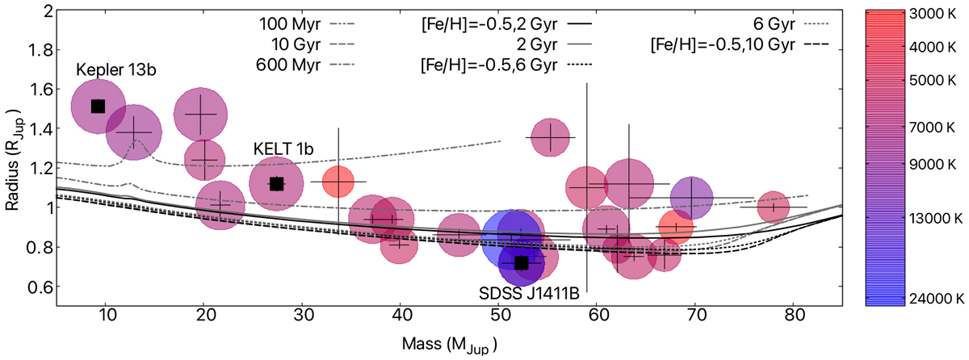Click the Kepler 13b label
[x=116, y=69]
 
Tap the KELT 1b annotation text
[x=282, y=149]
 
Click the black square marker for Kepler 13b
[x=98, y=106]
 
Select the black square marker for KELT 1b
[x=276, y=183]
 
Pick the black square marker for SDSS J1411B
[x=521, y=263]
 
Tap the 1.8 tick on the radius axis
[x=39, y=50]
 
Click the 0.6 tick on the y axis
[x=39, y=287]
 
